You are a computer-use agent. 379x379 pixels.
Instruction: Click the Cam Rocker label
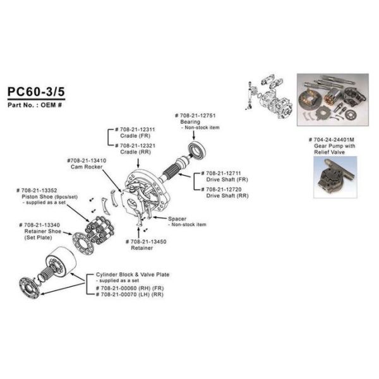[x=87, y=161]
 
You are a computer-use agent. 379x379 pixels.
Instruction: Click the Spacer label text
[x=178, y=219]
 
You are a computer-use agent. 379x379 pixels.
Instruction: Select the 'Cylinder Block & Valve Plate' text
[x=132, y=275]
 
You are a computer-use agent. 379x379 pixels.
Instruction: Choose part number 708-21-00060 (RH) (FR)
[x=131, y=288]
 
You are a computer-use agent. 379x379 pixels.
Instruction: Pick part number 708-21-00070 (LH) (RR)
[x=131, y=294]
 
